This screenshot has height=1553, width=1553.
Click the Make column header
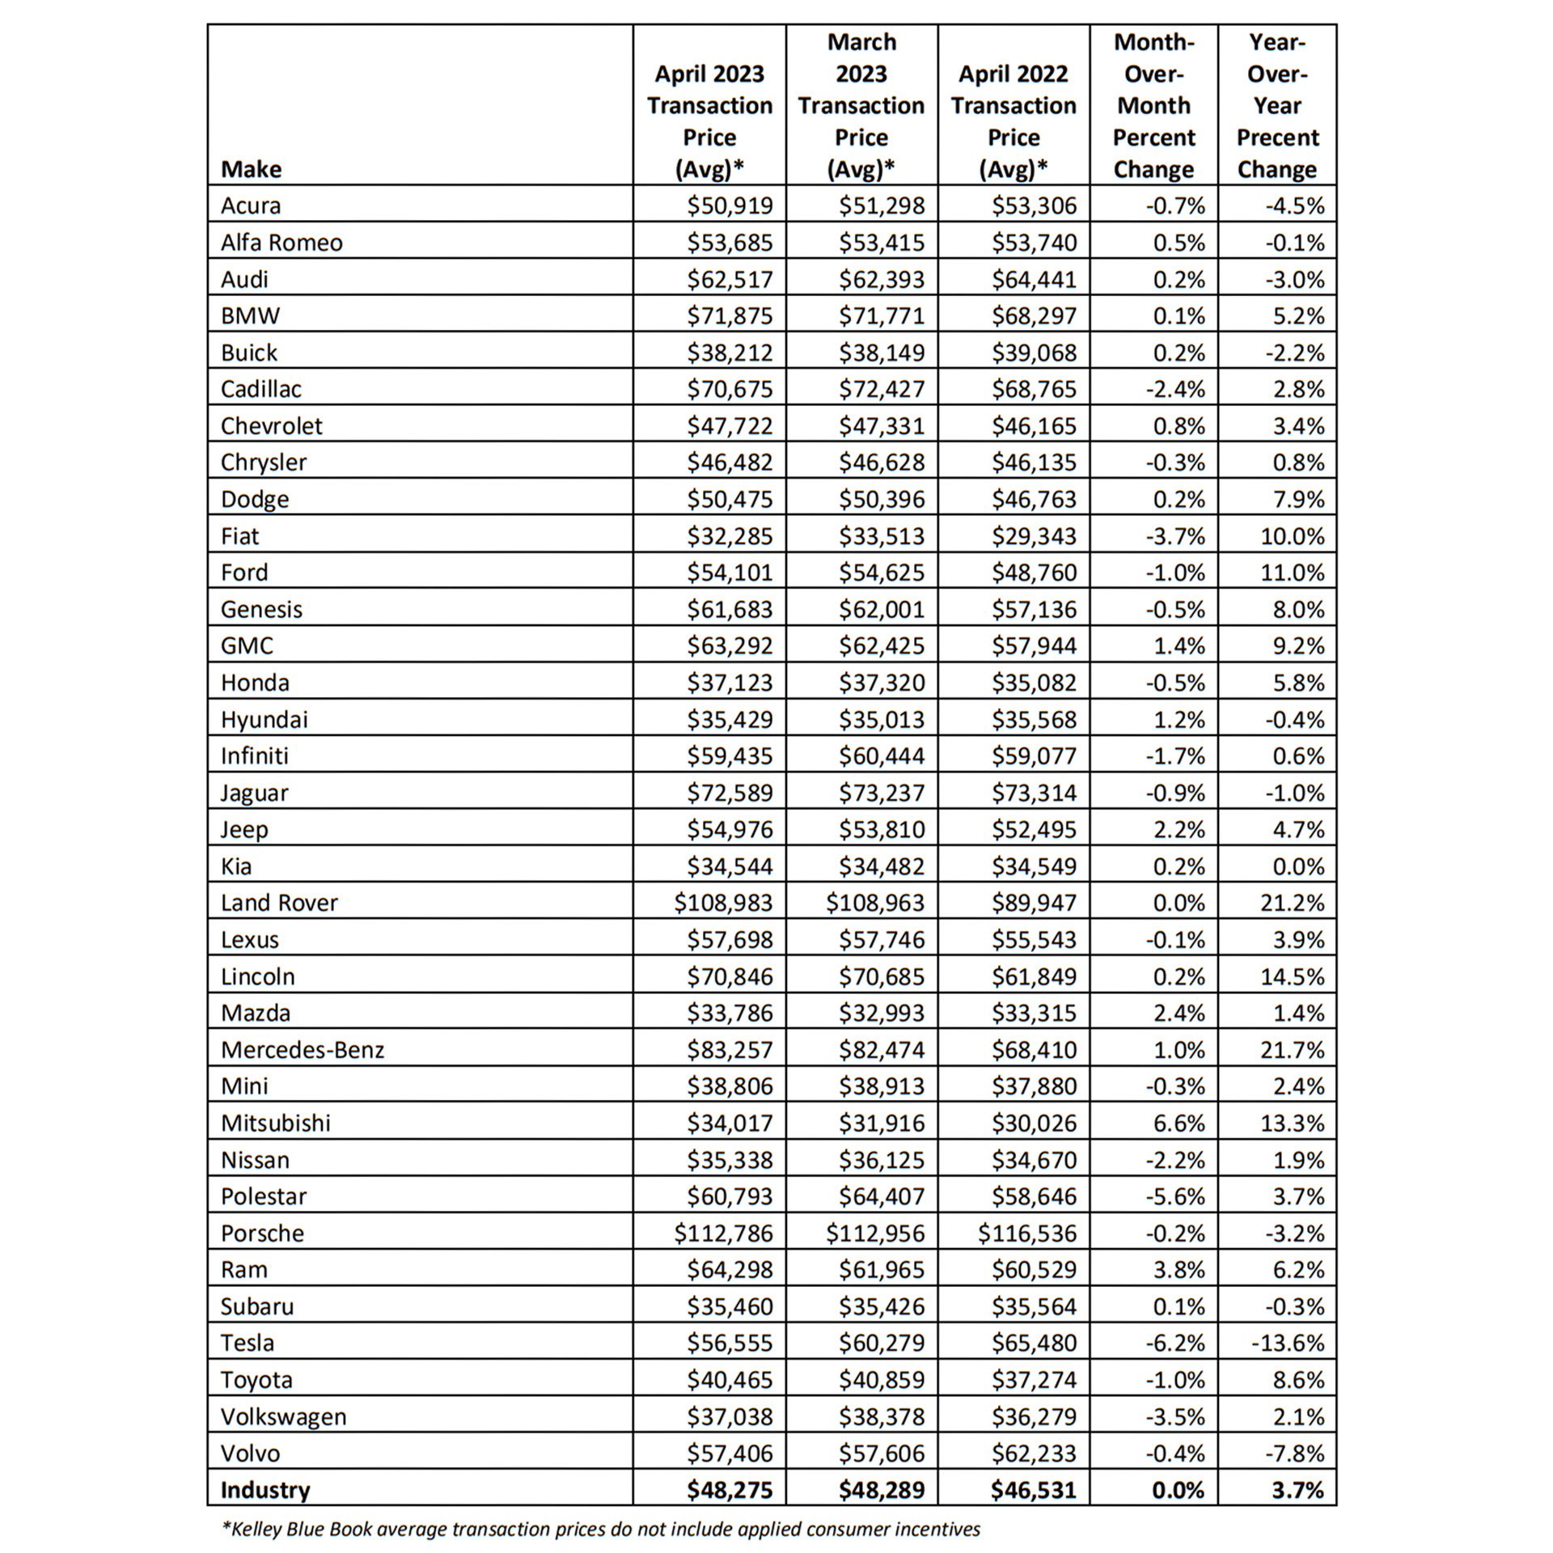pyautogui.click(x=251, y=169)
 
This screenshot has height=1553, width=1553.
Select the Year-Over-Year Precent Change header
pyautogui.click(x=1276, y=105)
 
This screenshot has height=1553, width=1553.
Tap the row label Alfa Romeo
pyautogui.click(x=281, y=243)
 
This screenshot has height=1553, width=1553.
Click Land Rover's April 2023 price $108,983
pyautogui.click(x=723, y=903)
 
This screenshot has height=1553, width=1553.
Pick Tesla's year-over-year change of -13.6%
pyautogui.click(x=1288, y=1344)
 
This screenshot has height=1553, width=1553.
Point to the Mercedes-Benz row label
pyautogui.click(x=303, y=1050)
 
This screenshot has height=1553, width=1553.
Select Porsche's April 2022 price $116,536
pyautogui.click(x=1027, y=1234)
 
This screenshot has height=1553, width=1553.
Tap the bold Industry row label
pyautogui.click(x=265, y=1490)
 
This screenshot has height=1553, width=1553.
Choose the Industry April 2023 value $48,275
pyautogui.click(x=730, y=1490)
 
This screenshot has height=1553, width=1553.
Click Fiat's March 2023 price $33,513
pyautogui.click(x=881, y=536)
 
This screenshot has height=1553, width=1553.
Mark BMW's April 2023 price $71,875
pyautogui.click(x=730, y=315)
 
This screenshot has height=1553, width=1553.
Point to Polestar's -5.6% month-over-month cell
pyautogui.click(x=1174, y=1196)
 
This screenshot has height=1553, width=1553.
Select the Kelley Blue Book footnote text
pyautogui.click(x=601, y=1529)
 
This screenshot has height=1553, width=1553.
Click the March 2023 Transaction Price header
pyautogui.click(x=861, y=105)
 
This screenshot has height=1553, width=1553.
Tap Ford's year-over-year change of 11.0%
pyautogui.click(x=1292, y=573)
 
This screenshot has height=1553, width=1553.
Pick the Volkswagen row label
pyautogui.click(x=283, y=1417)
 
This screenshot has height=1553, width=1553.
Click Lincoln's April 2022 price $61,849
pyautogui.click(x=1034, y=976)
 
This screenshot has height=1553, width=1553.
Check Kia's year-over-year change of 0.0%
pyautogui.click(x=1297, y=866)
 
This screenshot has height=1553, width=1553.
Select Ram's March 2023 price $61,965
pyautogui.click(x=881, y=1270)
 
